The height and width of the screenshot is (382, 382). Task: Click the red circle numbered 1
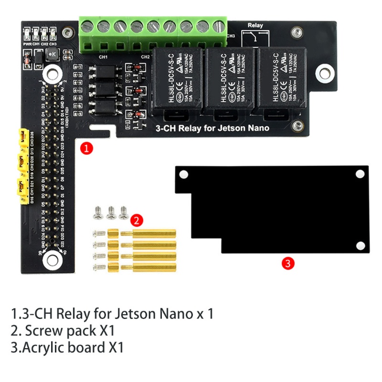click(86, 149)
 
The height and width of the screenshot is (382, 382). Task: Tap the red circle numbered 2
click(136, 220)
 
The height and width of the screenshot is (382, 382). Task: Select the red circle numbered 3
click(287, 263)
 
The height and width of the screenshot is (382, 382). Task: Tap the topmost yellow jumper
click(22, 137)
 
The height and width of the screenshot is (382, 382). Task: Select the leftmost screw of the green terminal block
click(87, 26)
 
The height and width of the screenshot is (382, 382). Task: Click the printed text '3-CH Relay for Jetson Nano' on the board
click(213, 128)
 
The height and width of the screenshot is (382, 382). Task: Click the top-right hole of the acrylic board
click(360, 175)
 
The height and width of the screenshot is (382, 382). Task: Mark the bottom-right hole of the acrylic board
click(360, 246)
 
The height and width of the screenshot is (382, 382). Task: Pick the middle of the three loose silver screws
click(111, 211)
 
